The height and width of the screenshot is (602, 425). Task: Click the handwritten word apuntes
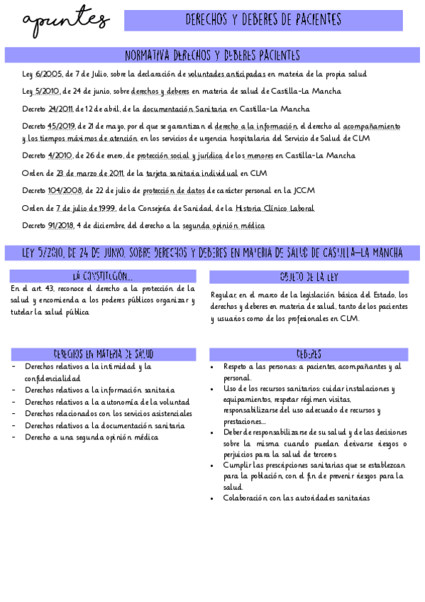pyautogui.click(x=65, y=22)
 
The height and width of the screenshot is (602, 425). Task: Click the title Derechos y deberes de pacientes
pyautogui.click(x=263, y=20)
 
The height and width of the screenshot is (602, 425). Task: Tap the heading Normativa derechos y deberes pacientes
pyautogui.click(x=212, y=55)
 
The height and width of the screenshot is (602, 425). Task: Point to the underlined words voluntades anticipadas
pyautogui.click(x=227, y=73)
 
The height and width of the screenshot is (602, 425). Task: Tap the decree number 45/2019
pyautogui.click(x=61, y=126)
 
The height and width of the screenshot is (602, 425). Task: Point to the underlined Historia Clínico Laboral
pyautogui.click(x=274, y=208)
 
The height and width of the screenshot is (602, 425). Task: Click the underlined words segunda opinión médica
pyautogui.click(x=223, y=226)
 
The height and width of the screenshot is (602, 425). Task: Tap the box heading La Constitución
pyautogui.click(x=103, y=276)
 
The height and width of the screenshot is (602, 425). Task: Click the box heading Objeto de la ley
pyautogui.click(x=309, y=276)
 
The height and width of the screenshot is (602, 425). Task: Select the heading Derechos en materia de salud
pyautogui.click(x=104, y=354)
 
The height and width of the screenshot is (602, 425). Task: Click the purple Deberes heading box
pyautogui.click(x=309, y=354)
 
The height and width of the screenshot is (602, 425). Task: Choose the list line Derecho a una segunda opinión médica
pyautogui.click(x=92, y=437)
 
